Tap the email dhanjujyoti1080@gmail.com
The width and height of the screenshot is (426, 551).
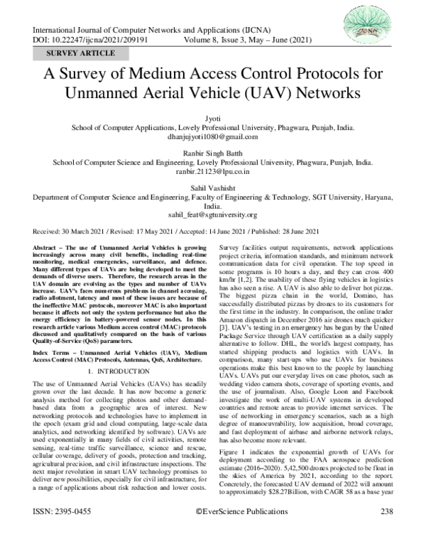[212, 136]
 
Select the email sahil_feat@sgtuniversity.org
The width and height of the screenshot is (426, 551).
[212, 215]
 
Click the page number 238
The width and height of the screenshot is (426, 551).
[386, 531]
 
